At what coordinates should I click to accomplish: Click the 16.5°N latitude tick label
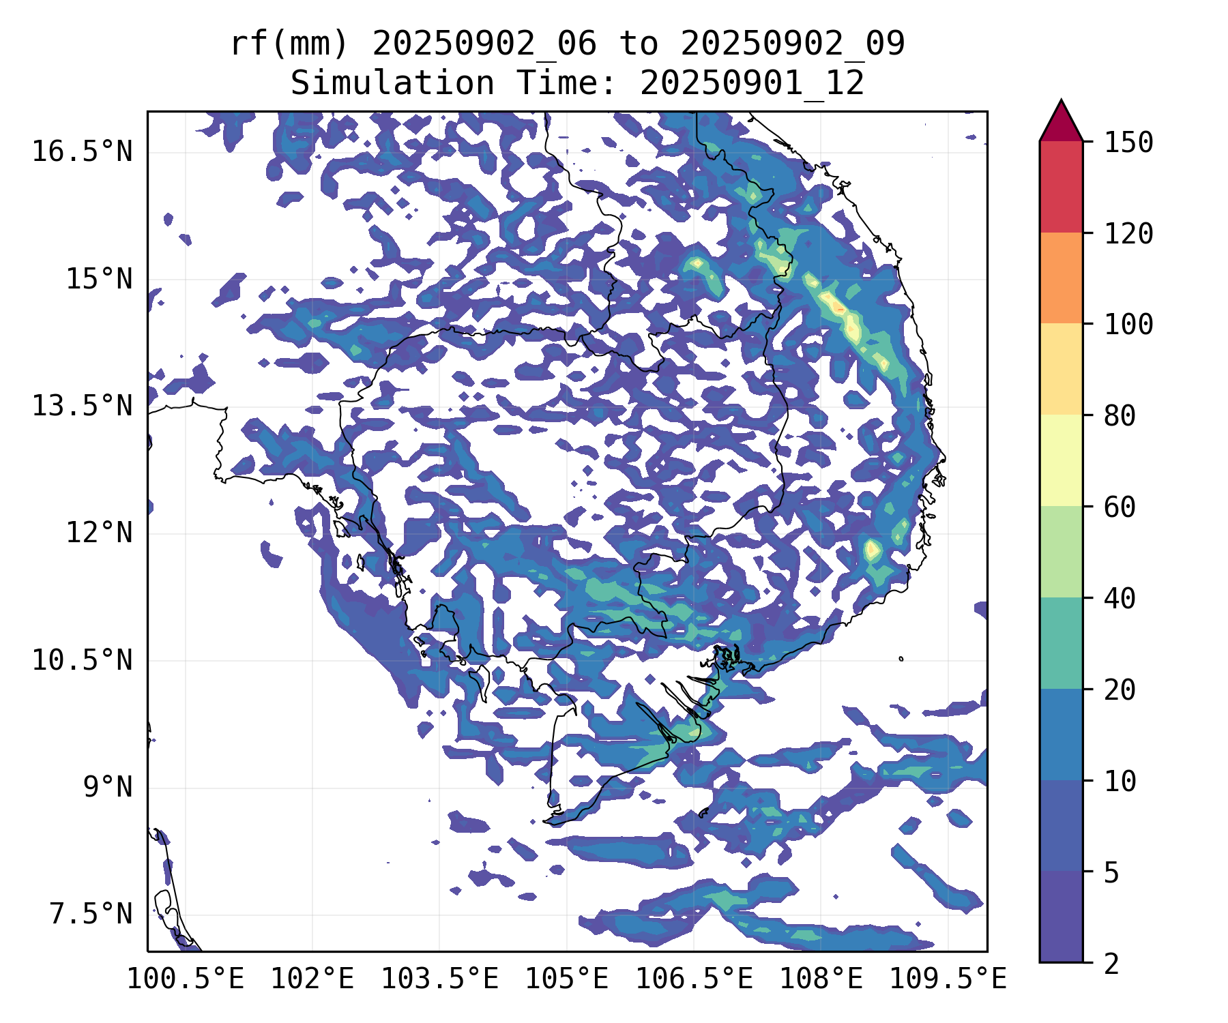82,151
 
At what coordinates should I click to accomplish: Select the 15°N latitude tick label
99,279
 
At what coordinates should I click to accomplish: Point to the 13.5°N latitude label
82,406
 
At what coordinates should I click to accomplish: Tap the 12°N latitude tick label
99,533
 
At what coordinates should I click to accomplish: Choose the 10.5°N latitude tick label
82,660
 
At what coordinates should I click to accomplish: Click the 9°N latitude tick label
108,788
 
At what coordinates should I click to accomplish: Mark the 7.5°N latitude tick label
91,915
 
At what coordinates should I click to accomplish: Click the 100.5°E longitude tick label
186,979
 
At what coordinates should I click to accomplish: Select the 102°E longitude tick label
312,979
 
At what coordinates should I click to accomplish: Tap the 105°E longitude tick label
566,979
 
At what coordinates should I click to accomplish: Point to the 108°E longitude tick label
821,979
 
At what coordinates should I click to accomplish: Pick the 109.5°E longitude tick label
948,979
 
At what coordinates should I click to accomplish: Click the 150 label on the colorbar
1128,143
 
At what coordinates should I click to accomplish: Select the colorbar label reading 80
1120,415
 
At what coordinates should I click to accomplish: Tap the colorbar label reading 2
1111,964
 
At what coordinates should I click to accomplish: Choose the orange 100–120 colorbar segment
1061,278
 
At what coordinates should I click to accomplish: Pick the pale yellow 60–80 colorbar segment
1061,460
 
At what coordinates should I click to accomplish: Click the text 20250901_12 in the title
752,83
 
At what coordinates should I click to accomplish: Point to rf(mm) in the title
289,44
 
